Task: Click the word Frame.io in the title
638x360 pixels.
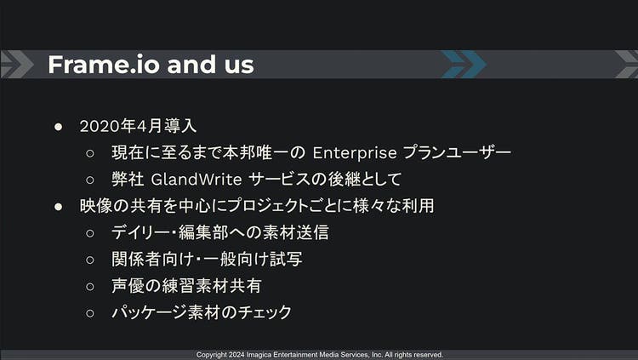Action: coord(104,65)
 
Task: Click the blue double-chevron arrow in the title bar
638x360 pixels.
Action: coord(464,65)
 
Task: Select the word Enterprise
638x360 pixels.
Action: coord(355,153)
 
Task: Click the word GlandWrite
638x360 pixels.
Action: coord(197,180)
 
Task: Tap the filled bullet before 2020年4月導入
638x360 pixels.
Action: coord(58,127)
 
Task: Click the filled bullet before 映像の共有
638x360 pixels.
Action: coord(58,207)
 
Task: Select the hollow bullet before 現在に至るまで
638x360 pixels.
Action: coord(90,153)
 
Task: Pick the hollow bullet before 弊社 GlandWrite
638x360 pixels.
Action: coord(90,180)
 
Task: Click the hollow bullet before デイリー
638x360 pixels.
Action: coord(90,233)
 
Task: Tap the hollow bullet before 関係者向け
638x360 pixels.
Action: coord(90,260)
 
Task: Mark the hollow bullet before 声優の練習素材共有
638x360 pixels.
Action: coord(90,286)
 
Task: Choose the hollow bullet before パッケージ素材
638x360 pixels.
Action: coord(90,313)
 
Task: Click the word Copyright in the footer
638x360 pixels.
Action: coord(212,355)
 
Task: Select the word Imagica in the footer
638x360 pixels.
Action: coord(259,355)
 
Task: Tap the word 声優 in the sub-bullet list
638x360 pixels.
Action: coord(128,286)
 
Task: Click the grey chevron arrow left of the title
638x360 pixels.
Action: coord(16,65)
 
